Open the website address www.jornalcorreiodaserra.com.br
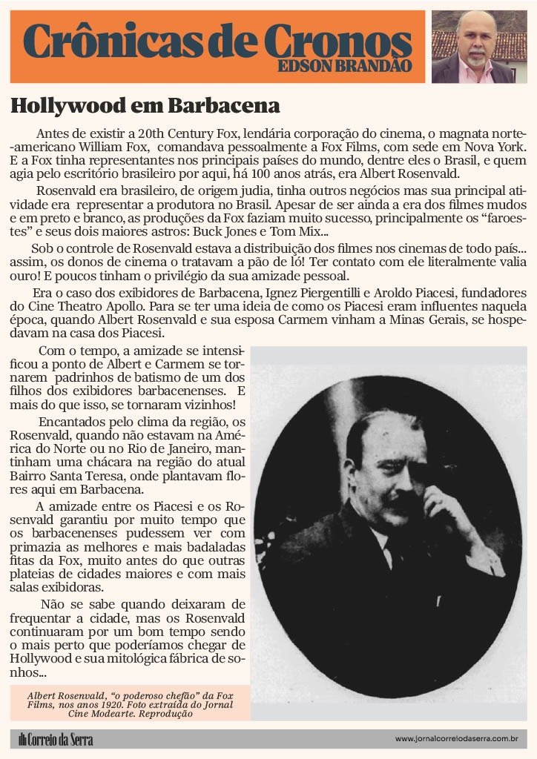click(x=455, y=739)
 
